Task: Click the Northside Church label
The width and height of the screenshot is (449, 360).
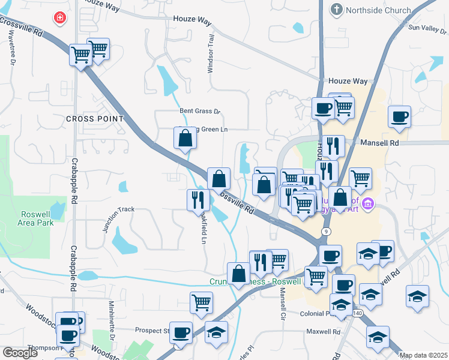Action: (378, 10)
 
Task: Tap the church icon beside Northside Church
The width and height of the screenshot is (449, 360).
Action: (336, 10)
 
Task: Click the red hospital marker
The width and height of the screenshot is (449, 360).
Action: (60, 19)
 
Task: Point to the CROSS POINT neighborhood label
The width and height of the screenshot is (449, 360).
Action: (95, 119)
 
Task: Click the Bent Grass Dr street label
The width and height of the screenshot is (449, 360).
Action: (200, 111)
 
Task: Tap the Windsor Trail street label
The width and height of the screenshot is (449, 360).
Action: (211, 53)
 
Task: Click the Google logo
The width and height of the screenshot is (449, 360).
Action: (20, 353)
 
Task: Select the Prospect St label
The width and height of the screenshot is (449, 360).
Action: (152, 331)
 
